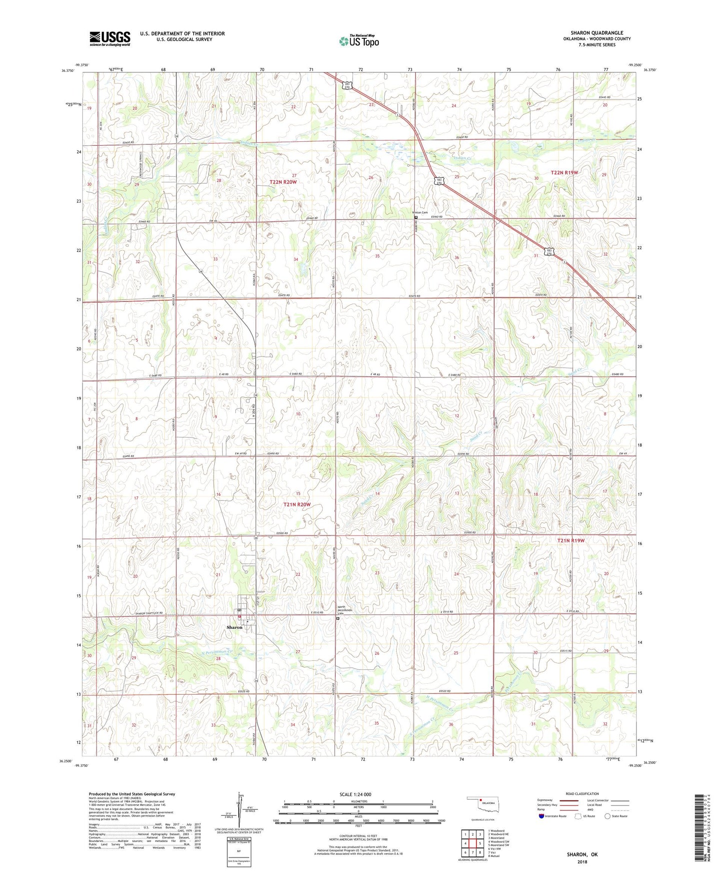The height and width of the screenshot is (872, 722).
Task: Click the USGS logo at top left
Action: [110, 38]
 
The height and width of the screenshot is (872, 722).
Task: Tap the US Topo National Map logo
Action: [358, 41]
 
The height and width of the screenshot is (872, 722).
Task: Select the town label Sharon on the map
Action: [234, 627]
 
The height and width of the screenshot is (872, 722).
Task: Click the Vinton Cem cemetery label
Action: [420, 213]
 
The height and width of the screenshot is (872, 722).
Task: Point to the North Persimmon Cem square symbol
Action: [338, 618]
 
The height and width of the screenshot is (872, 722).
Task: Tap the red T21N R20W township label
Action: [297, 504]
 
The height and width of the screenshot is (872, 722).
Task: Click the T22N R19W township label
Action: [564, 172]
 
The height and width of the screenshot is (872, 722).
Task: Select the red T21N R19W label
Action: [571, 540]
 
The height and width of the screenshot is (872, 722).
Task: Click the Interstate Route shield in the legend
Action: [542, 816]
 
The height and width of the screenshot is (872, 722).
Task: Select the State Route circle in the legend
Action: [607, 816]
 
